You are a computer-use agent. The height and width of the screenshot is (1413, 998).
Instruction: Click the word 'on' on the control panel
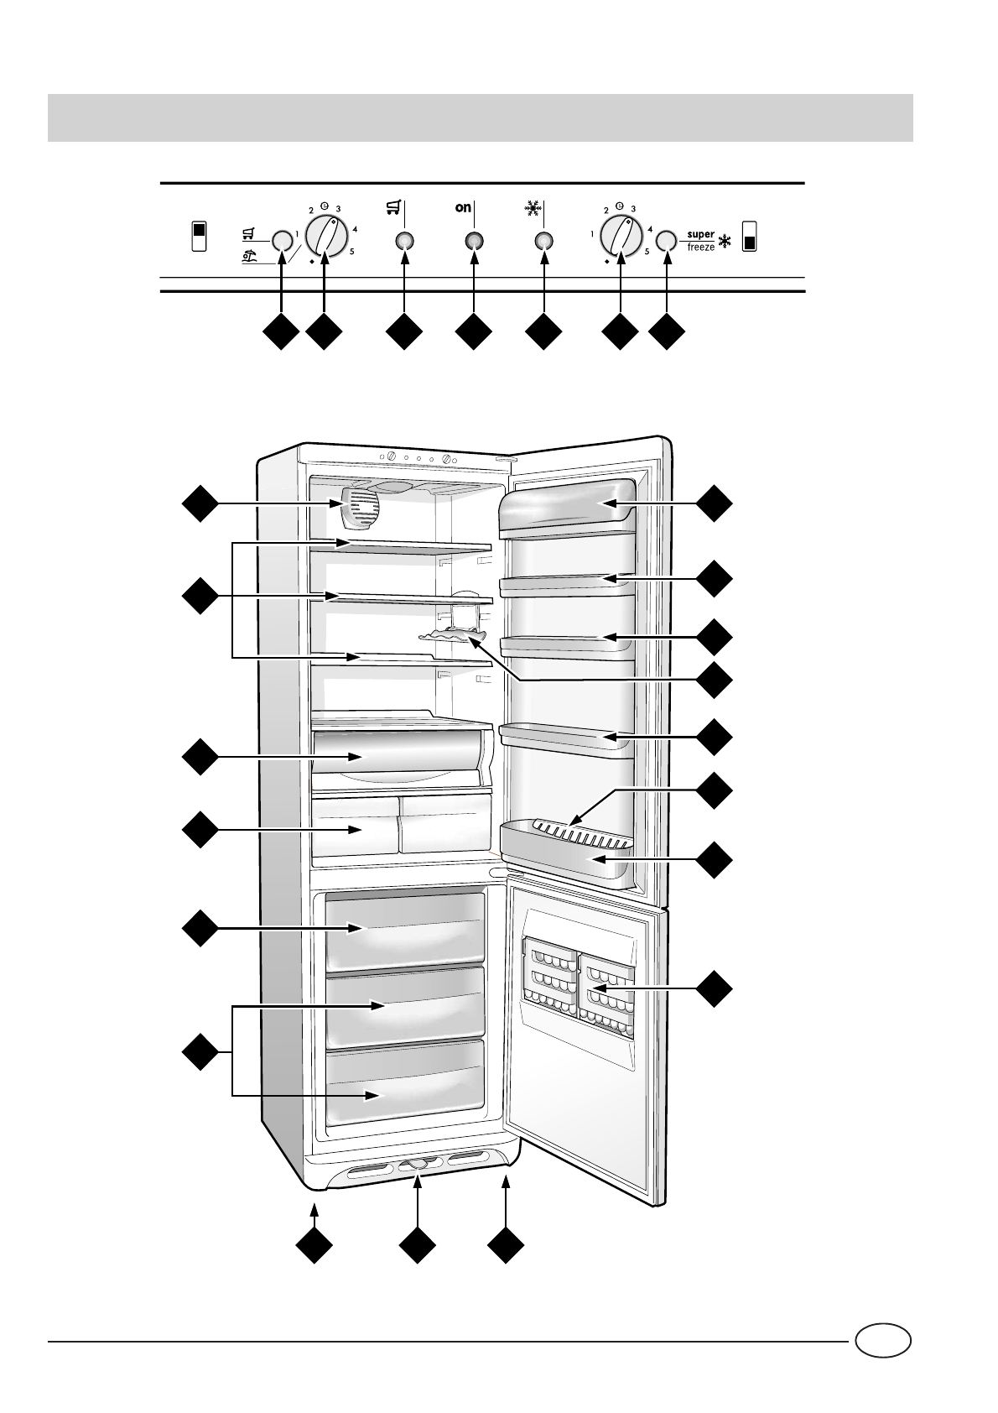click(464, 208)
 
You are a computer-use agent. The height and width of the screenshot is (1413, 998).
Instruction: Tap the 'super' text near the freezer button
click(701, 235)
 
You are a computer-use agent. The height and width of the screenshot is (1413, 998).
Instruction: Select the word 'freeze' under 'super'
click(701, 248)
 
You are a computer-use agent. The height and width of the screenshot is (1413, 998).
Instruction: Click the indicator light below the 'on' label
click(474, 242)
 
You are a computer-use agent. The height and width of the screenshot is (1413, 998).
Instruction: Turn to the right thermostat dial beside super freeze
click(621, 235)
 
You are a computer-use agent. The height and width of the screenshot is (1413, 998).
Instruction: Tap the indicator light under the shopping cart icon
click(404, 242)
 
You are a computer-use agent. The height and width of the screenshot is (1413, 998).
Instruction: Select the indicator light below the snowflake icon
click(543, 242)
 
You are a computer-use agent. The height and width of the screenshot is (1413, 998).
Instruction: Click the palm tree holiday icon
click(249, 258)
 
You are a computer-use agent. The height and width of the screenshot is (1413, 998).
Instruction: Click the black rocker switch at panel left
click(198, 237)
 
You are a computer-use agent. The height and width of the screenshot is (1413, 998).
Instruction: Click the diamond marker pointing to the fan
click(200, 503)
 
